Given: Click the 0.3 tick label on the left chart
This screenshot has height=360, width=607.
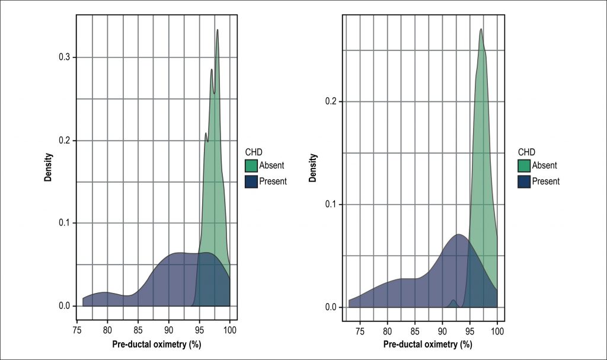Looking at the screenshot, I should [64, 58].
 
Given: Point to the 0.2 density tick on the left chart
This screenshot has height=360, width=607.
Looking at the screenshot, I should [64, 141].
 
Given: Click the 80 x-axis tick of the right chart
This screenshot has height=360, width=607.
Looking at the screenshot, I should [387, 330].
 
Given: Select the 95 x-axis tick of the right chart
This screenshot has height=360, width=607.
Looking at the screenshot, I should [469, 330].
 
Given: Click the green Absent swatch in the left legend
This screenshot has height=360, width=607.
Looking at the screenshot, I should [250, 165].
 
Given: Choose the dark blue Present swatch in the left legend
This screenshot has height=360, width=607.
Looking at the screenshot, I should [250, 181].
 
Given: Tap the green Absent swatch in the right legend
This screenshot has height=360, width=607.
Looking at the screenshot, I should [523, 165].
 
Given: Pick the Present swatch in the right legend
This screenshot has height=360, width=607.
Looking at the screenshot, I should [523, 181].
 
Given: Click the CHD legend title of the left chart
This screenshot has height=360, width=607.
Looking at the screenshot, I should [253, 151].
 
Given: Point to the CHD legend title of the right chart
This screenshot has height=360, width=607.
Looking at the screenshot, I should [526, 151].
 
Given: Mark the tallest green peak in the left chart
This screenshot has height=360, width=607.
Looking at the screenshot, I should [218, 30].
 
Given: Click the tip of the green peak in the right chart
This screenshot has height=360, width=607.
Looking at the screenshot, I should [481, 29].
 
